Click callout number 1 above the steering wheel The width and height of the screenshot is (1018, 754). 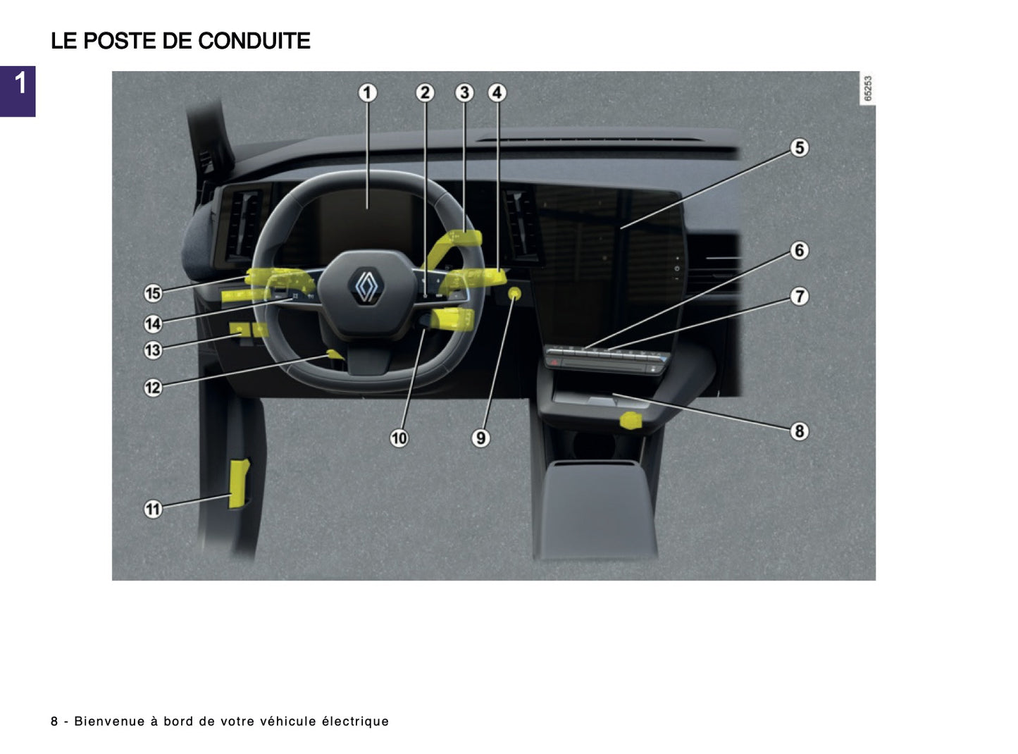tap(367, 93)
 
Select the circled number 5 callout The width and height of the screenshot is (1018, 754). tap(799, 148)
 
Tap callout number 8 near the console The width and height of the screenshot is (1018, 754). tap(799, 431)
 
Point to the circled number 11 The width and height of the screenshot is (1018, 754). tap(153, 509)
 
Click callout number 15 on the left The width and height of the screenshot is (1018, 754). tap(153, 293)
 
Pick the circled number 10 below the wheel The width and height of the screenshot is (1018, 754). tap(399, 438)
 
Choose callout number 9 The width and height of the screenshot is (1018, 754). tap(480, 438)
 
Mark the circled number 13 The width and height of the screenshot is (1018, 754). tap(153, 350)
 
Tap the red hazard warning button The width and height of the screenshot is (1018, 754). tap(554, 361)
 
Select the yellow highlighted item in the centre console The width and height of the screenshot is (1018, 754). tap(631, 421)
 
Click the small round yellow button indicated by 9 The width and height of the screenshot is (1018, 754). tap(515, 293)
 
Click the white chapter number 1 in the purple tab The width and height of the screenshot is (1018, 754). tap(20, 83)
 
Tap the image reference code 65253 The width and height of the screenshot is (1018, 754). tap(868, 89)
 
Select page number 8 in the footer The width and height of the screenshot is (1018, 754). tap(54, 721)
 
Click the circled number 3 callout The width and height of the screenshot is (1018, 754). tap(464, 93)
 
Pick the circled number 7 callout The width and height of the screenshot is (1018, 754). tap(799, 297)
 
